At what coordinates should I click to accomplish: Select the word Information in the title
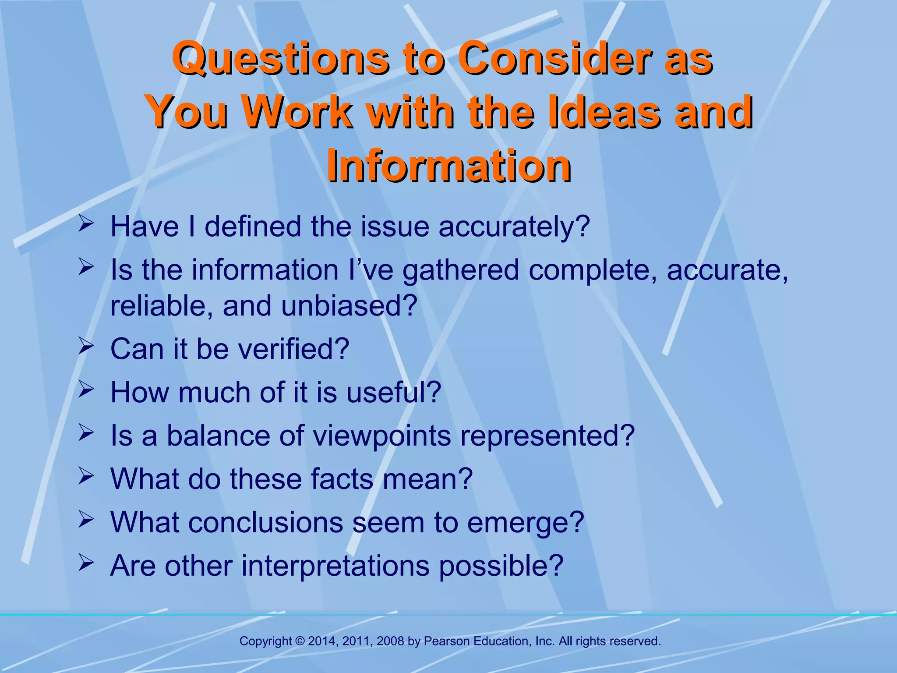coord(448,166)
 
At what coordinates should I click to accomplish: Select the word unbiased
coord(349,306)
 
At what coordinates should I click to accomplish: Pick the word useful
coord(393,392)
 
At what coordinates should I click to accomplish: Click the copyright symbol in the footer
coord(300,641)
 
